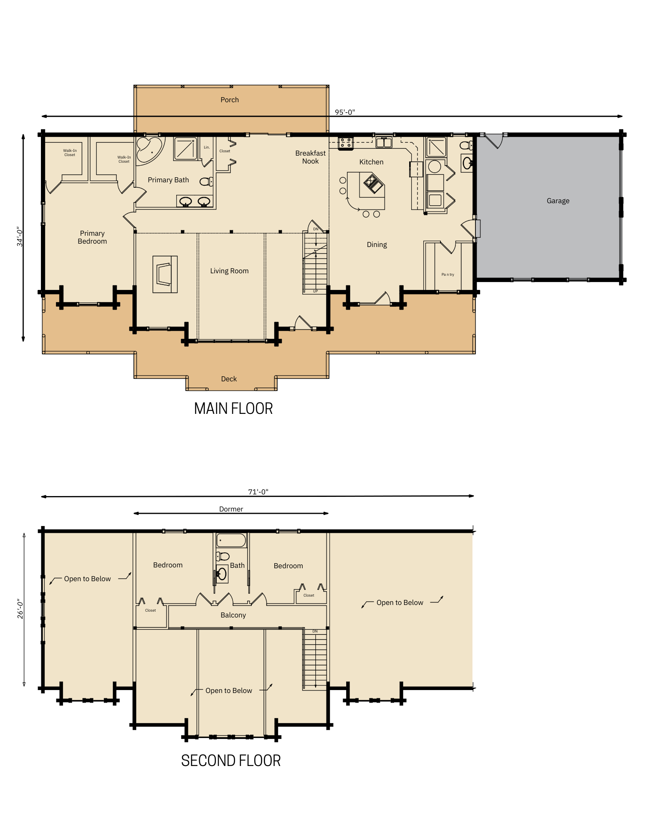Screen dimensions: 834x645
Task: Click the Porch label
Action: (x=230, y=100)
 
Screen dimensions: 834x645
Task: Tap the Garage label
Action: (x=558, y=201)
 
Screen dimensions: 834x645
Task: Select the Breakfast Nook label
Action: (x=310, y=157)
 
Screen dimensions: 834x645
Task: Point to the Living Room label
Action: (x=229, y=271)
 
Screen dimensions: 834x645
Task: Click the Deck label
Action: (x=229, y=379)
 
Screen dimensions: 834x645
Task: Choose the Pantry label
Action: (x=448, y=275)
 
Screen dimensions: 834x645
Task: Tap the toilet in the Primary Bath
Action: (x=205, y=181)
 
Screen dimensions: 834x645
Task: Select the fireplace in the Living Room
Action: (x=164, y=274)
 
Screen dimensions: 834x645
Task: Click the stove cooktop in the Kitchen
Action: (x=345, y=143)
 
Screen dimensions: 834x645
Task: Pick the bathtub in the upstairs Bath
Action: (x=231, y=541)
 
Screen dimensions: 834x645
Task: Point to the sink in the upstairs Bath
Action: (x=222, y=574)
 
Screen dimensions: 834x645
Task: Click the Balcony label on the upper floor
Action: (x=233, y=615)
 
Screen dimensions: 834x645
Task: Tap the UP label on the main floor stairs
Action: (x=316, y=291)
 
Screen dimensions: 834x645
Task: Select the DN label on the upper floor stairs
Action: (x=315, y=631)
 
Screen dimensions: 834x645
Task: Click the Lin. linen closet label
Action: (x=207, y=147)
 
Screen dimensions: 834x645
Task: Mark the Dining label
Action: (x=377, y=245)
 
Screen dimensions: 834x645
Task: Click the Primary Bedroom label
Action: (x=92, y=237)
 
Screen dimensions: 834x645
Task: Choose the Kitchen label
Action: (x=371, y=162)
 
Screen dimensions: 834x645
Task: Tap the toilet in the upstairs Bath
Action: (x=223, y=556)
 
